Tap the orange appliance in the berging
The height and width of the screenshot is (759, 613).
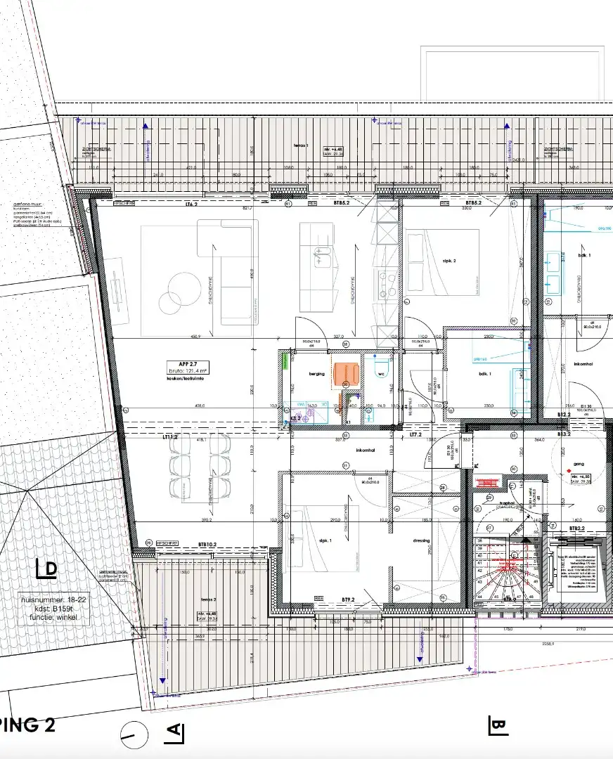tap(346, 372)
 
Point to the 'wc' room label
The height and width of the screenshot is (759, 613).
tap(382, 374)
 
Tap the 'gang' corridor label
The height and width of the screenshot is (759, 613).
tap(579, 465)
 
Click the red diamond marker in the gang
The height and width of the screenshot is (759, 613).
tap(569, 469)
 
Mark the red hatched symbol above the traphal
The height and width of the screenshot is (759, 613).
tap(487, 483)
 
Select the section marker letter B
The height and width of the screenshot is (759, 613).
tap(498, 725)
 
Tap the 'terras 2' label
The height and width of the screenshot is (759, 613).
tap(207, 599)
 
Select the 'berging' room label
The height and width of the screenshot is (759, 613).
tap(316, 374)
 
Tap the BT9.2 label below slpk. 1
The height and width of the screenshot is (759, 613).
tap(347, 599)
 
